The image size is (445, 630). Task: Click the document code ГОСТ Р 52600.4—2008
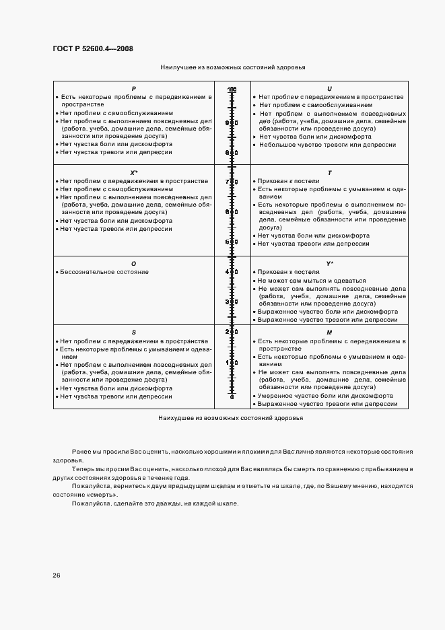(97, 49)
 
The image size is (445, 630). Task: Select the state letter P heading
(133, 89)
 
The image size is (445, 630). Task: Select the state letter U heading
(329, 89)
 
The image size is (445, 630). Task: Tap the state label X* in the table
(133, 173)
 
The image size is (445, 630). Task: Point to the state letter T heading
(329, 173)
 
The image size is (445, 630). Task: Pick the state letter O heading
(133, 263)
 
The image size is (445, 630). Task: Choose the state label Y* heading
(329, 263)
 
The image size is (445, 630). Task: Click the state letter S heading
(133, 332)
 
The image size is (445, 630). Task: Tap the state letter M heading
(329, 332)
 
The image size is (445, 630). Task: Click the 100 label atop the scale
(232, 90)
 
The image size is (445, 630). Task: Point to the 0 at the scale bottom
(232, 397)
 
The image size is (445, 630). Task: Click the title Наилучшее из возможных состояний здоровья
(233, 68)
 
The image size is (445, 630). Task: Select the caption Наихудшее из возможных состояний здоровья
(231, 418)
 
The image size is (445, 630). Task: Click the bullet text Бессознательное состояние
(104, 272)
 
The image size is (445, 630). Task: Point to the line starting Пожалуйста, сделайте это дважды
(155, 504)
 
